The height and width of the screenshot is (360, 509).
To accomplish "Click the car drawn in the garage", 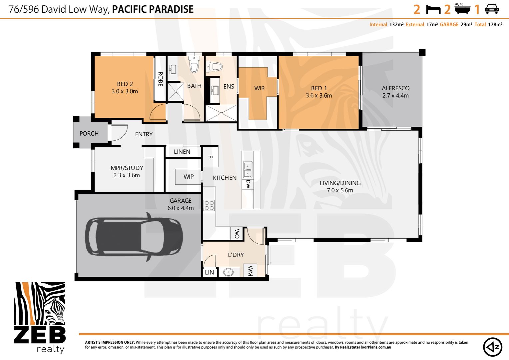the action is [134, 237].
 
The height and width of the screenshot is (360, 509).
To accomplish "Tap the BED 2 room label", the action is [125, 84].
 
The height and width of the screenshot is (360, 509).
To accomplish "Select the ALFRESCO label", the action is [396, 88].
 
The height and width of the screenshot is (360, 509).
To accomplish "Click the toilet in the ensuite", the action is [214, 67].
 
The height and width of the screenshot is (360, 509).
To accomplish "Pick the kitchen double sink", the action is [248, 170].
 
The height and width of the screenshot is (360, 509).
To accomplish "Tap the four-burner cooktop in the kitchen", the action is [209, 205].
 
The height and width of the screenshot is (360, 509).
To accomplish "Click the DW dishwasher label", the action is [248, 184].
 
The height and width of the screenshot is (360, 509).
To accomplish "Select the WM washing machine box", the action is [250, 270].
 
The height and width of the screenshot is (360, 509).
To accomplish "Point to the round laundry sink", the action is [228, 272].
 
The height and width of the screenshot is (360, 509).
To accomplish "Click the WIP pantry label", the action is [189, 176].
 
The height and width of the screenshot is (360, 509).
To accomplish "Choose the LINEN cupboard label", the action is [182, 152].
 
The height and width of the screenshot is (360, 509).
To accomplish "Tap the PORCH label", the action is [89, 133].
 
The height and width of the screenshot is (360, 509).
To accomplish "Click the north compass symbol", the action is [493, 347].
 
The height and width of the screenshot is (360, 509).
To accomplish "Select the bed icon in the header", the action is [433, 9].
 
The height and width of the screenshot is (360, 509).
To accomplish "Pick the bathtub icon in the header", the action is [462, 9].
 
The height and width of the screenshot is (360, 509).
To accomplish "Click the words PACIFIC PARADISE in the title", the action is [153, 9].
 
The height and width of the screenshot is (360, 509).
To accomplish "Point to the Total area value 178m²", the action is [495, 24].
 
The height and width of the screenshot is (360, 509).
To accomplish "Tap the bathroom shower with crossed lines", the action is [176, 92].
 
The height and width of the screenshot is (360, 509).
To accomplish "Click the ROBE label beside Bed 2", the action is [161, 79].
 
